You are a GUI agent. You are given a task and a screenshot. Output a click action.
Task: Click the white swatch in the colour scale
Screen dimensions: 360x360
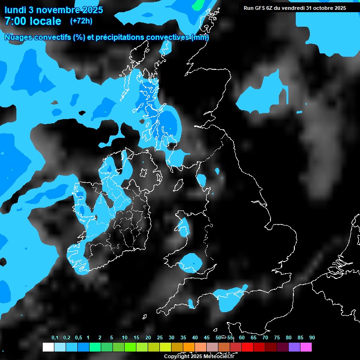[x=48, y=347]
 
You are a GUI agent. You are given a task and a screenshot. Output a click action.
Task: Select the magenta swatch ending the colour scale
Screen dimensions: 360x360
[x=306, y=347]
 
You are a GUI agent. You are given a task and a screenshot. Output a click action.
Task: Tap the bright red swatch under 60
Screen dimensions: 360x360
[x=247, y=347]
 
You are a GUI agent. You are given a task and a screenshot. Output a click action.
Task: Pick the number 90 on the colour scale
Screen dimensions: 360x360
[x=312, y=337]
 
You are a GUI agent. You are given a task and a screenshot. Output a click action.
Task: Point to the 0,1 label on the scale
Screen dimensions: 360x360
[x=55, y=337]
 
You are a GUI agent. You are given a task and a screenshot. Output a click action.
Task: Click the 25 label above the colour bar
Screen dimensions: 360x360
[x=160, y=337]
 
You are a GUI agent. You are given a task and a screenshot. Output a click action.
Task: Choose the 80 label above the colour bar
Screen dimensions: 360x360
[x=288, y=337]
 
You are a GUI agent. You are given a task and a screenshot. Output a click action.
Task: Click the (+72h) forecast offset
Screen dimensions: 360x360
[x=81, y=21]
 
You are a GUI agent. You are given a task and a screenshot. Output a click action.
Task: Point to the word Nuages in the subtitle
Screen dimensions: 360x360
[x=20, y=37]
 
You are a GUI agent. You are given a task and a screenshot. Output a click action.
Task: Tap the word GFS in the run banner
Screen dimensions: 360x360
[x=263, y=7]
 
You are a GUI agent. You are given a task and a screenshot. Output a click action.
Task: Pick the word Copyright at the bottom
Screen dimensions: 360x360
[x=177, y=356]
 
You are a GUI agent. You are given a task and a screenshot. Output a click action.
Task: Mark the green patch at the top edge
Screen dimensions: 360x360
[x=199, y=4]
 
